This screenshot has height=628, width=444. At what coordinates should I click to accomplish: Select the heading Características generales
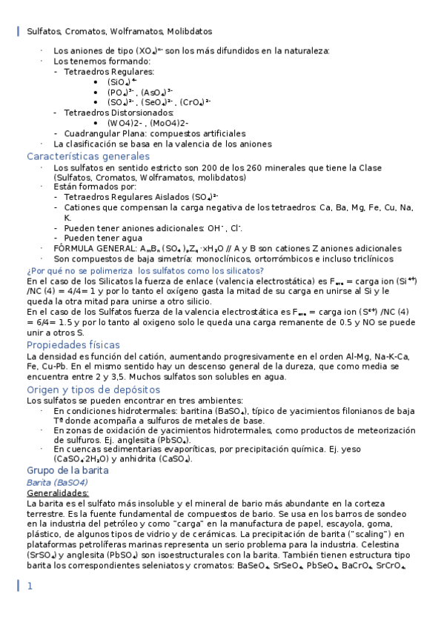pos(88,156)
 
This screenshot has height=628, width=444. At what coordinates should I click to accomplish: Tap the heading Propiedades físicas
pos(73,345)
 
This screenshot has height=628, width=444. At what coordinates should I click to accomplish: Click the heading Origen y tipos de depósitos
pos(93,390)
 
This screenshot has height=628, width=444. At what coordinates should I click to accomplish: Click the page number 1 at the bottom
pos(30,586)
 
